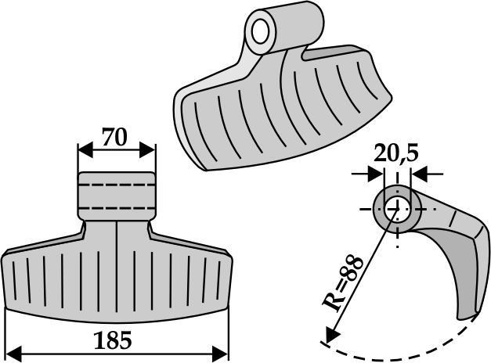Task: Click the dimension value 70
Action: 115,138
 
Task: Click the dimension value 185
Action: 116,341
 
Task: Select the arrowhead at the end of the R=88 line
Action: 329,337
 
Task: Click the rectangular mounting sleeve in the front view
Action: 116,196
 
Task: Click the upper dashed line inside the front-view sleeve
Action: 116,185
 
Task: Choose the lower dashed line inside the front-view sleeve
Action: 116,207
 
